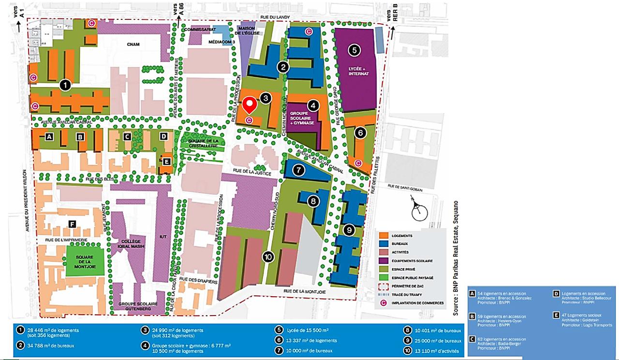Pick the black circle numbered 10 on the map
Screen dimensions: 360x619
[268, 257]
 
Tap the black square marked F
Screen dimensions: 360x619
[72, 224]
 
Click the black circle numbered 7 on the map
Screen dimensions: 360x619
[299, 170]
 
